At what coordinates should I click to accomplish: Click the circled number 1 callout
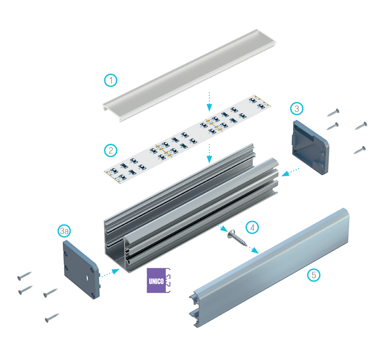point(110,80)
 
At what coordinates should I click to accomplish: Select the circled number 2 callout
point(110,151)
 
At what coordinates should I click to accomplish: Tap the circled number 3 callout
point(297,109)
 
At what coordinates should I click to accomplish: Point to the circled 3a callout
point(64,231)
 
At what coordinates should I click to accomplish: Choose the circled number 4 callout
point(252,227)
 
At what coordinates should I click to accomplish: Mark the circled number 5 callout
point(314,275)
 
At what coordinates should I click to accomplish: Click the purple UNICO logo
point(159,280)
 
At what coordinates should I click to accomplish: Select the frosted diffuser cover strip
point(189,75)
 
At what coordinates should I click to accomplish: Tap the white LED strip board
point(188,139)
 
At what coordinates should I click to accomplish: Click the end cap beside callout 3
point(310,147)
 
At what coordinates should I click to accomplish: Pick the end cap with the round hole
point(82,269)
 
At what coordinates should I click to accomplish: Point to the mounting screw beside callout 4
point(237,238)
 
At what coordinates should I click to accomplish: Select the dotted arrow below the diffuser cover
point(209,101)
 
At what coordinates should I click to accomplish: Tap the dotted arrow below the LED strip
point(209,153)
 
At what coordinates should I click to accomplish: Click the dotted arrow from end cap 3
point(291,172)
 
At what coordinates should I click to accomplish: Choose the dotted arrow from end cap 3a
point(110,273)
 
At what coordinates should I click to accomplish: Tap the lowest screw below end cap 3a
point(52,318)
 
